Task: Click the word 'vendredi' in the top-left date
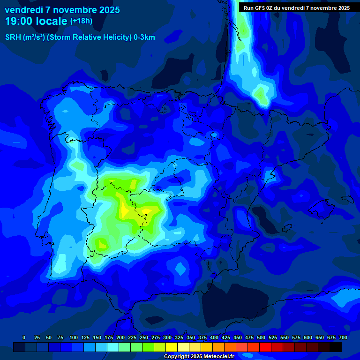tap(22, 10)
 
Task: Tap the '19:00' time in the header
tap(18, 21)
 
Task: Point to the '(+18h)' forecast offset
tap(81, 21)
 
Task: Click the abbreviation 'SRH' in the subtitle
tap(13, 37)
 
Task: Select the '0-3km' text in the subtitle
tap(144, 37)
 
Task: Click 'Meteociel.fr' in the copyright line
tap(219, 357)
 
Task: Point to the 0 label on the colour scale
tap(24, 337)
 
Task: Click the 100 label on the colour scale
tap(74, 337)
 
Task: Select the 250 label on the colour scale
tap(144, 337)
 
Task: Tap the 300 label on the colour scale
tap(167, 337)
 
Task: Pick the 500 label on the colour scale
tap(261, 337)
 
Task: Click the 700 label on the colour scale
tap(343, 337)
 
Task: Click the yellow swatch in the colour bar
tap(172, 347)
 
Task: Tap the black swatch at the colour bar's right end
tap(336, 347)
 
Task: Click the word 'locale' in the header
tap(49, 21)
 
